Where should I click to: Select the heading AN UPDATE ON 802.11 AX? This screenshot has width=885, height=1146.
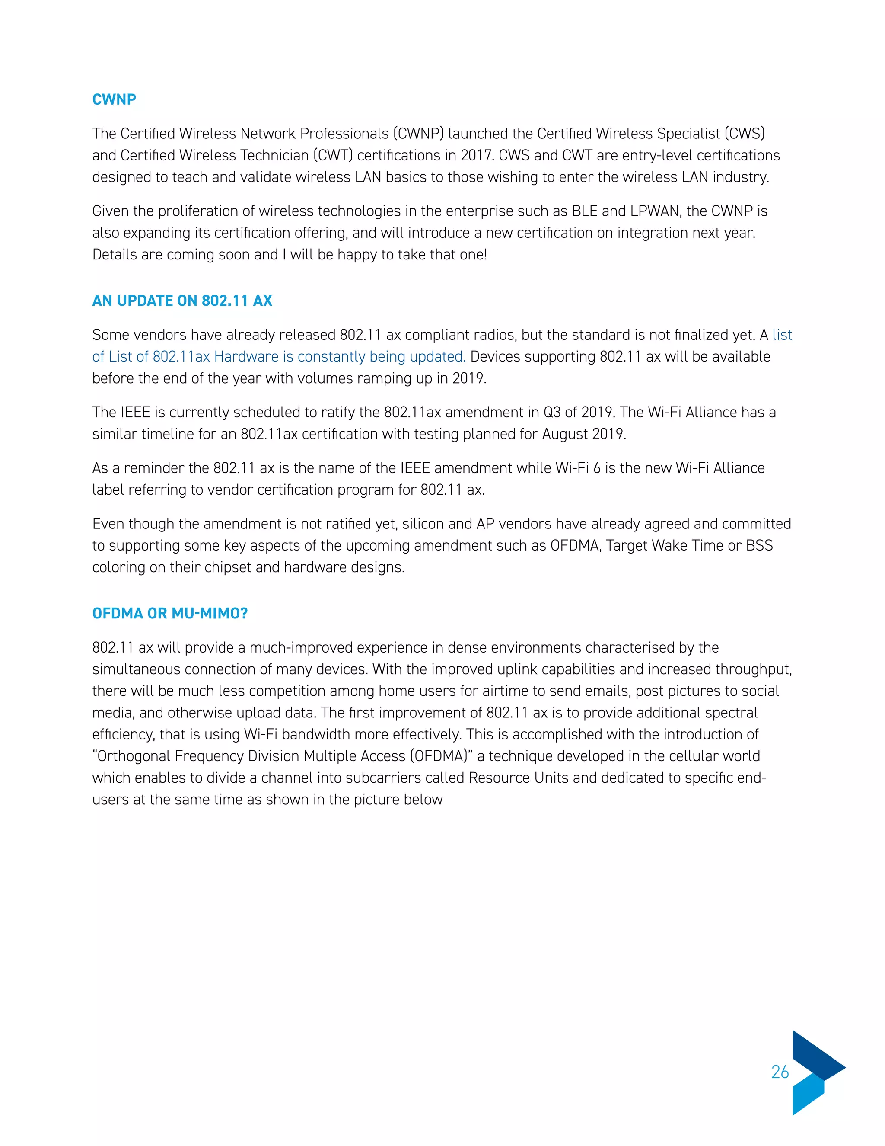point(182,301)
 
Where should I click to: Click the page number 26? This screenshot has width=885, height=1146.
point(780,1072)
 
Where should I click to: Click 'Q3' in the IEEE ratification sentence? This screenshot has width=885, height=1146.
point(551,413)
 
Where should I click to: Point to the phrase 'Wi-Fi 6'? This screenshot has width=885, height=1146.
point(577,468)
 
